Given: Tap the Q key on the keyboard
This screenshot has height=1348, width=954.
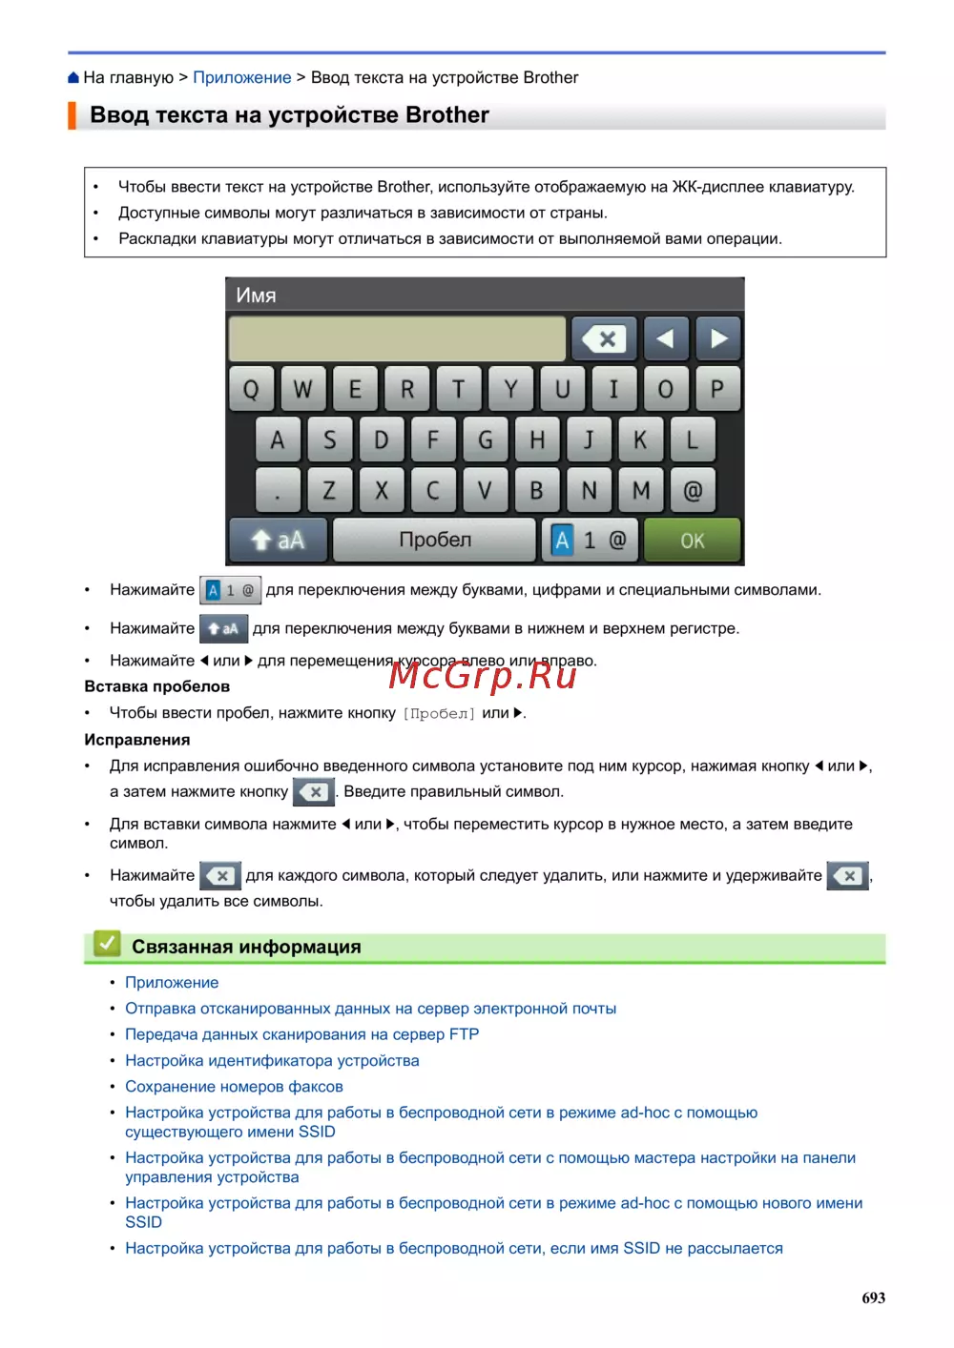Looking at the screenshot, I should coord(252,389).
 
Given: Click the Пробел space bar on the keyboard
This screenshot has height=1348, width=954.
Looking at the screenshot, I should coord(435,540).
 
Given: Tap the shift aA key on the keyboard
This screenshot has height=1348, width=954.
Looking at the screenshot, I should coord(278,541).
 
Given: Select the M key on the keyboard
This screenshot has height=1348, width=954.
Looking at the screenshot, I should coord(641,491).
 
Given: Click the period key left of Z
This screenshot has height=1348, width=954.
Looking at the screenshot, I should coord(278,491).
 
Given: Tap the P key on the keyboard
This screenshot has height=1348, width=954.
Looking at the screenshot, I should coord(716,389).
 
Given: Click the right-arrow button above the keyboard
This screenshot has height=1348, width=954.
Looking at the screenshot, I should coord(718,338).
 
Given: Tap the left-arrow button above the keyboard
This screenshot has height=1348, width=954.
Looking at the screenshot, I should coord(666,338).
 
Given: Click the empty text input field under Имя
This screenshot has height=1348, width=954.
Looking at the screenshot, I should coord(397,338).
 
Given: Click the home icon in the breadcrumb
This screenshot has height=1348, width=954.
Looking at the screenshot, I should coord(73,78).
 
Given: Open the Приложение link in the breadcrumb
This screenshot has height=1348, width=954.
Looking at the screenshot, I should coord(242,78).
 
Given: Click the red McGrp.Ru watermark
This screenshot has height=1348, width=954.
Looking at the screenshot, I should coord(483,675).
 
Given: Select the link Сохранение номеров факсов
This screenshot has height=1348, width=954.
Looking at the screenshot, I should coord(234,1087).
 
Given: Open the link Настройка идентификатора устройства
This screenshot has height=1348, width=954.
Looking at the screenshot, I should coord(272,1061).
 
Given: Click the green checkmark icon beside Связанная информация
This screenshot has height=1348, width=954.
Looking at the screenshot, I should coord(107,945).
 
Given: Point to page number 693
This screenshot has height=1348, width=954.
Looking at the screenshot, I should coord(873,1297).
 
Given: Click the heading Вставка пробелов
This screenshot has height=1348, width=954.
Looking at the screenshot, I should coord(156,686).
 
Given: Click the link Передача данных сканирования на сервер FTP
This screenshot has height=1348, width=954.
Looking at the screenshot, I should coord(301,1034).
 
